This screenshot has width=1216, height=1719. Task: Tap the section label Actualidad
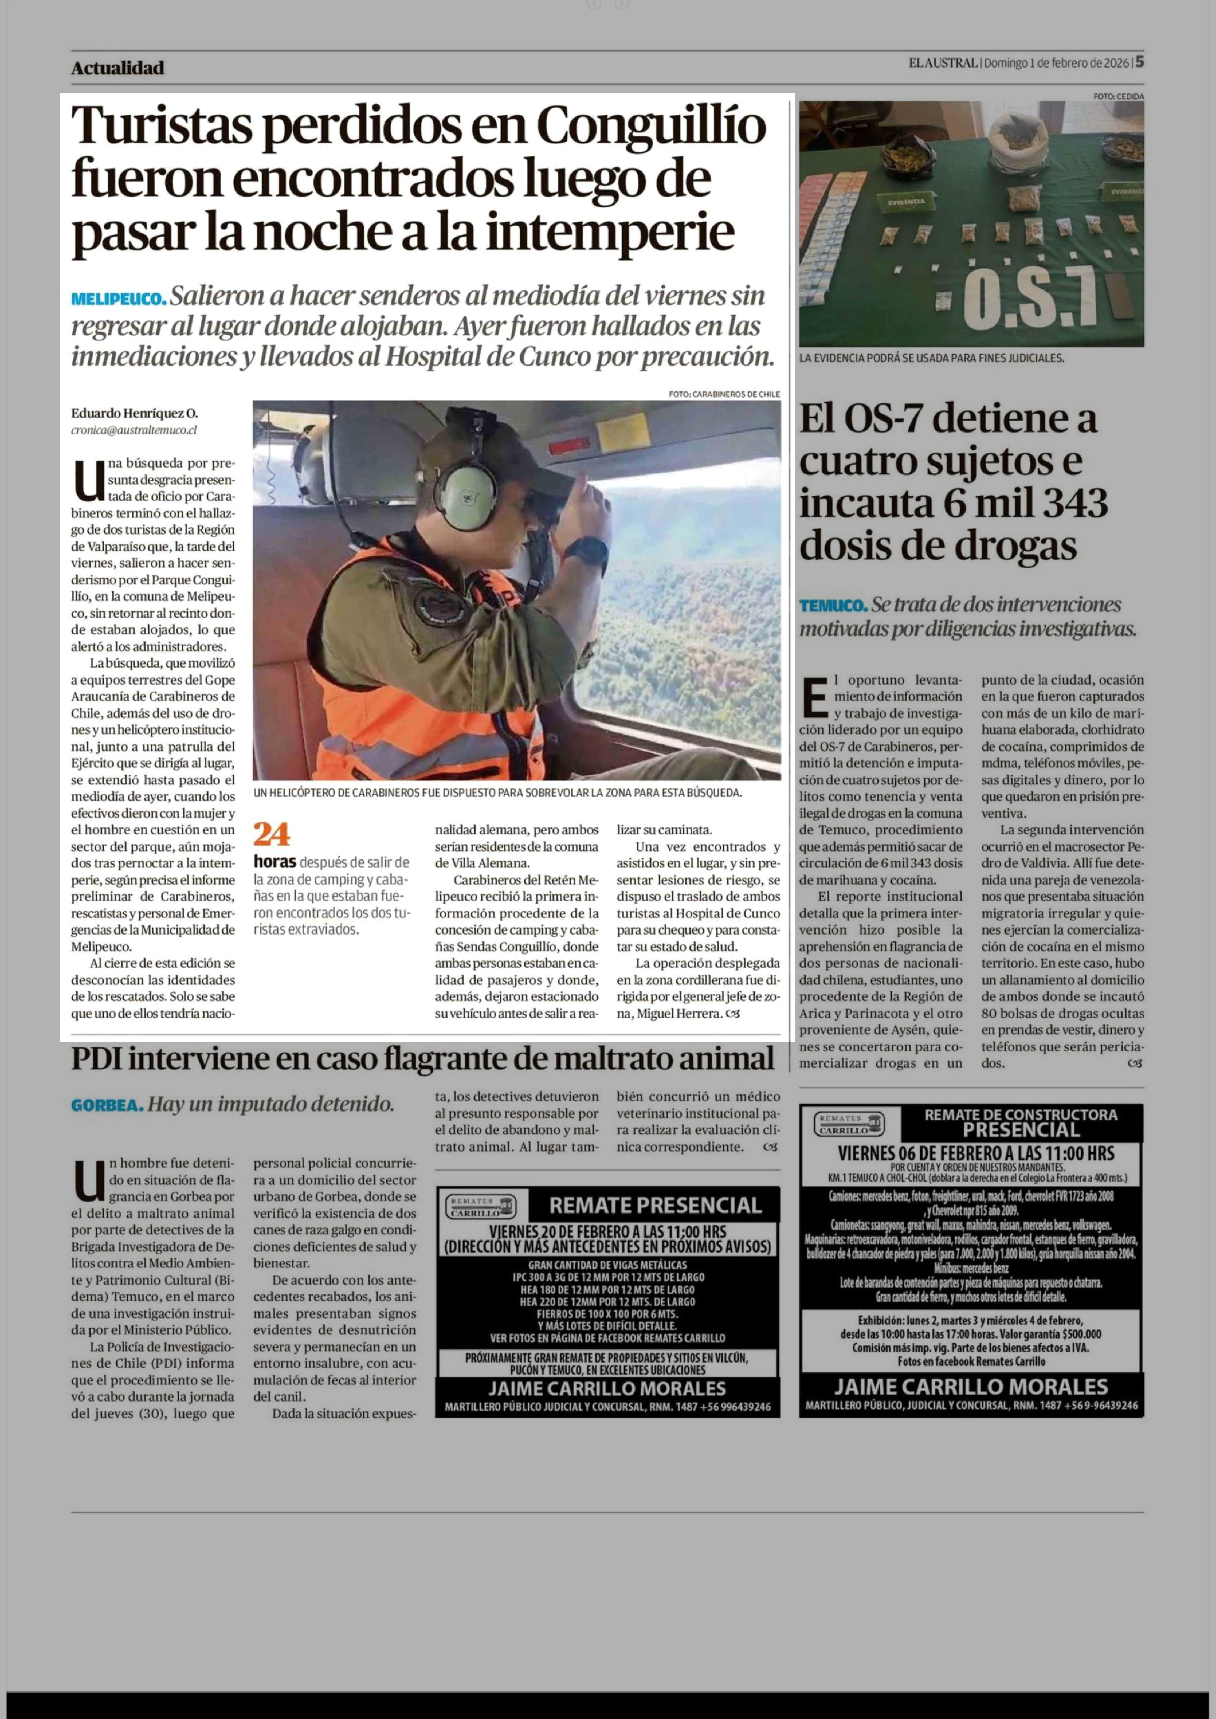click(x=118, y=68)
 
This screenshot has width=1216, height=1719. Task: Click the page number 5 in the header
click(x=1139, y=62)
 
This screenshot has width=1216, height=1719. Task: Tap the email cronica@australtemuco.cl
click(x=134, y=431)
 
